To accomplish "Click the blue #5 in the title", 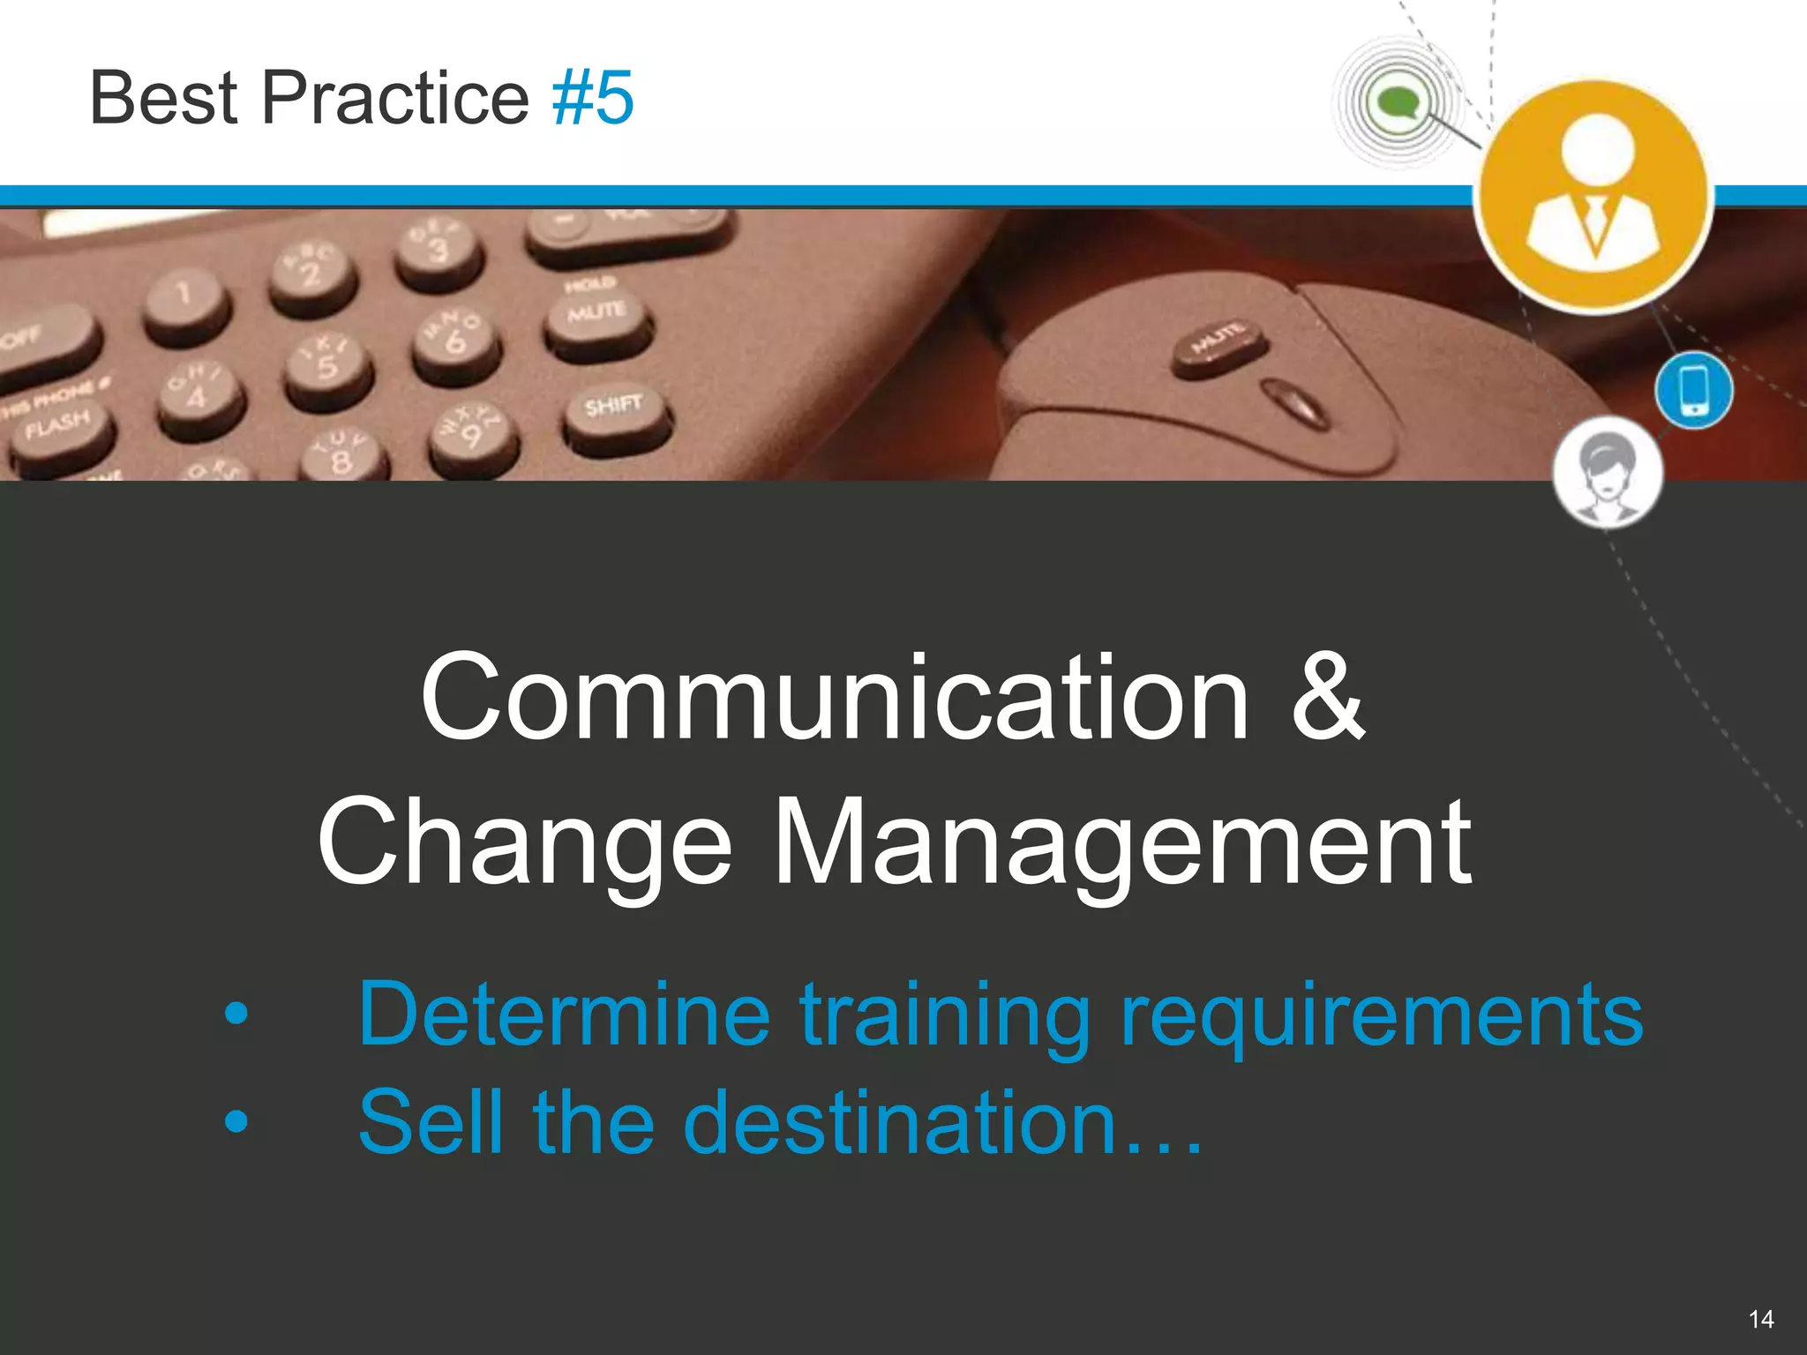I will [592, 98].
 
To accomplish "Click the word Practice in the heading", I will [394, 98].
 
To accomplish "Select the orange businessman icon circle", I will [1594, 196].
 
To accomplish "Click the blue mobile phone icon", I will [1693, 389].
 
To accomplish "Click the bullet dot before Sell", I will [236, 1122].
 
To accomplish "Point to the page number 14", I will [1760, 1319].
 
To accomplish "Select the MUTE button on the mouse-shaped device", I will [1220, 340].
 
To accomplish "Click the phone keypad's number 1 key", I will [184, 294].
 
